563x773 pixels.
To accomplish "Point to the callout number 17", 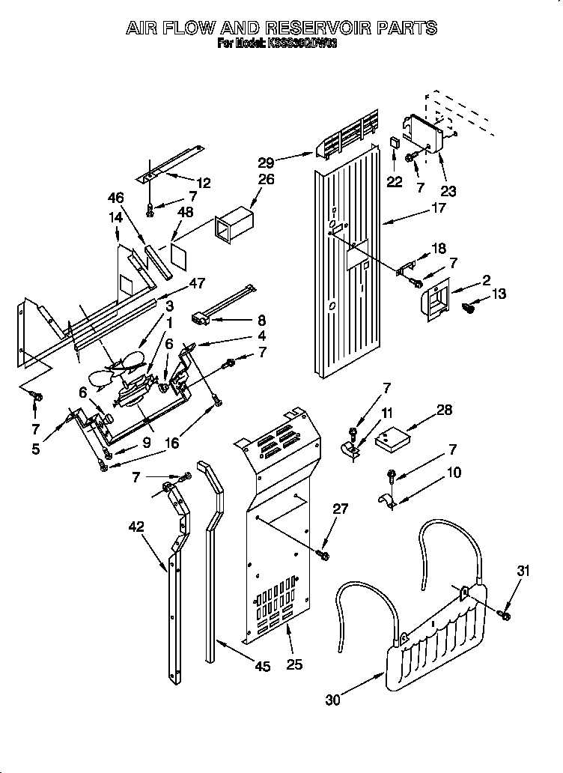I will [438, 208].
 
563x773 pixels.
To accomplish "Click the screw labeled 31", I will [505, 615].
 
